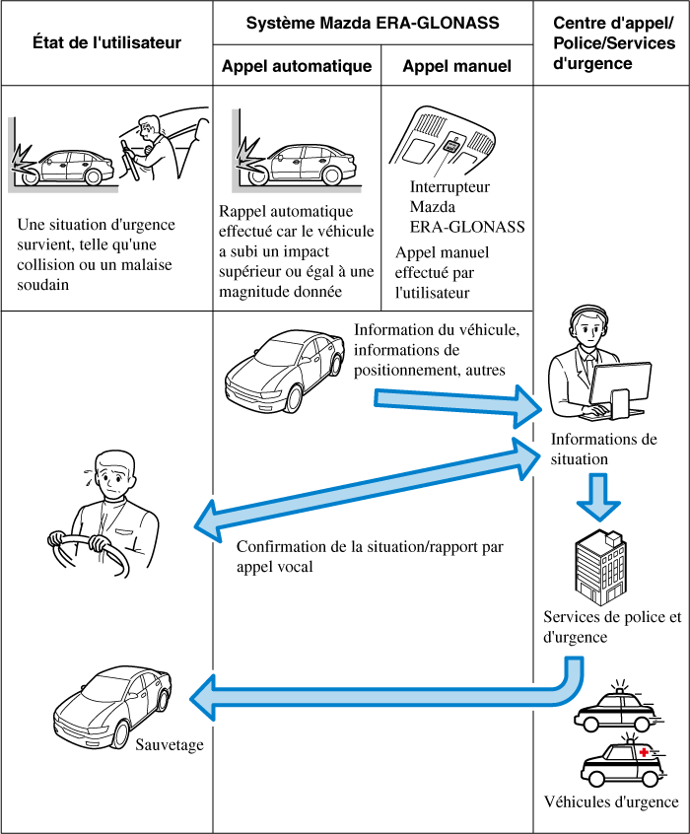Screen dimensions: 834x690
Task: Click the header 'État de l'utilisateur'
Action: pyautogui.click(x=106, y=42)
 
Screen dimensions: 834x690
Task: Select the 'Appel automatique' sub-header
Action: pyautogui.click(x=297, y=67)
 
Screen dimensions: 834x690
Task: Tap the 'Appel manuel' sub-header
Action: pyautogui.click(x=457, y=67)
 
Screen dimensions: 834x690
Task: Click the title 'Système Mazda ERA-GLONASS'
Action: pyautogui.click(x=373, y=22)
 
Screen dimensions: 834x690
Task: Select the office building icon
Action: pyautogui.click(x=599, y=566)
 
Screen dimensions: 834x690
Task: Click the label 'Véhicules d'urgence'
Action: pyautogui.click(x=611, y=801)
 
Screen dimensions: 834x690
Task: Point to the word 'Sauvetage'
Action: pyautogui.click(x=171, y=745)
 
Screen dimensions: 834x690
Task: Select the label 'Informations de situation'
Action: pyautogui.click(x=603, y=449)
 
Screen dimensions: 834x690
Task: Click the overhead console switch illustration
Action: pyautogui.click(x=448, y=144)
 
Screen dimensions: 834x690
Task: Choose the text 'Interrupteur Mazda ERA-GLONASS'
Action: pyautogui.click(x=466, y=207)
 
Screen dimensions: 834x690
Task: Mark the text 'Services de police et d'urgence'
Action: pyautogui.click(x=611, y=627)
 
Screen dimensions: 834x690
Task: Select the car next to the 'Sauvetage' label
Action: pyautogui.click(x=112, y=706)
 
